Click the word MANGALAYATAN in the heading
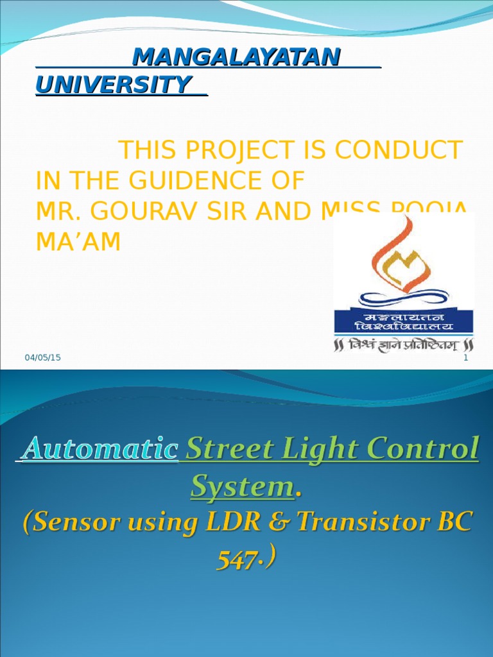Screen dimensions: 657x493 click(x=236, y=58)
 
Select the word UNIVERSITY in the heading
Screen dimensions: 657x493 click(x=114, y=85)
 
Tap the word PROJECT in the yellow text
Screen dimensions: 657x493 click(x=248, y=151)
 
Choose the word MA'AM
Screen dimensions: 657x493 click(x=78, y=242)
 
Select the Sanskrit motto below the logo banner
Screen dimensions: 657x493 click(x=404, y=345)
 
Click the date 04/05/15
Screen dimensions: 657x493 click(x=43, y=358)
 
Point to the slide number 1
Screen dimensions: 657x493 click(x=466, y=358)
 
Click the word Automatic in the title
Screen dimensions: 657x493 click(x=99, y=449)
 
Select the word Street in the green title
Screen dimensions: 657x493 click(x=224, y=449)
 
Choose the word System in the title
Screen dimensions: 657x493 click(x=241, y=488)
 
